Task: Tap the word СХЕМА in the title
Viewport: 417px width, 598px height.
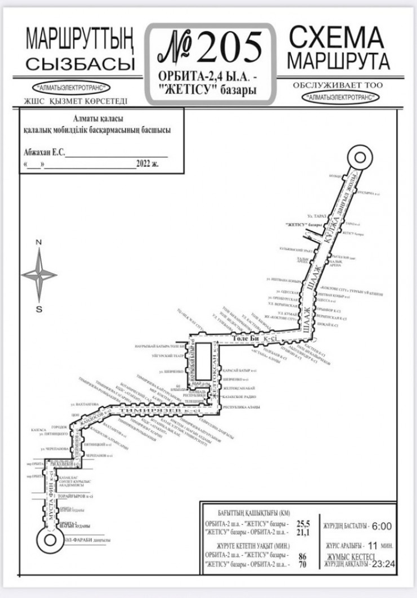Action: click(x=336, y=38)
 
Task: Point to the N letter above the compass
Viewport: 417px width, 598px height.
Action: click(x=39, y=243)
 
